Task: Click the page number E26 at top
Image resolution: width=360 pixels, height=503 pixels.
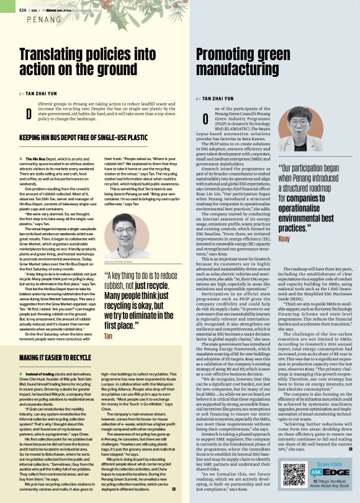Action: [22, 10]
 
